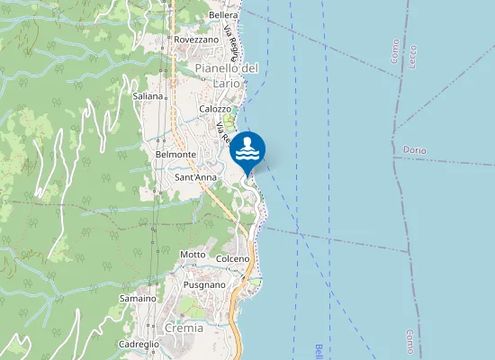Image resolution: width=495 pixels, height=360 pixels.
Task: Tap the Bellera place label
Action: pos(222,15)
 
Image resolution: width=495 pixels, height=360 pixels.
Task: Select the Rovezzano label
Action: pos(197,40)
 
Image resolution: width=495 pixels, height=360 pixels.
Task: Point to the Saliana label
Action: pos(148,95)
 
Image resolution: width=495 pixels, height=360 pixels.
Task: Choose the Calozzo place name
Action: pos(215,109)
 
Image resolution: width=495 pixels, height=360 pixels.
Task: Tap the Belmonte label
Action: pos(175,155)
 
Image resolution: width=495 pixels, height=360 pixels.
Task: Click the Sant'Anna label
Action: pos(194,178)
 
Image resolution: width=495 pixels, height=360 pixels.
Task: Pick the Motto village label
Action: pos(193,255)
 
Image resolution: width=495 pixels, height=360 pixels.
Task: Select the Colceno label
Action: pos(233,259)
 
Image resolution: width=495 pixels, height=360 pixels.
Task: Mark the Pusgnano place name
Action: pos(204,284)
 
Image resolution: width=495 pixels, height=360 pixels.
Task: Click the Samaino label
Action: pos(139,298)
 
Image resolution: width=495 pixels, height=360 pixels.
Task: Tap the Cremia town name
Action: pos(184,328)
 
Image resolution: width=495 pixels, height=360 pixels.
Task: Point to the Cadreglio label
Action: pos(139,345)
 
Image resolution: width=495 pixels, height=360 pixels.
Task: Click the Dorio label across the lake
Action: pos(415,149)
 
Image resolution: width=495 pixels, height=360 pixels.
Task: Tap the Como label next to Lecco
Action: pos(395,50)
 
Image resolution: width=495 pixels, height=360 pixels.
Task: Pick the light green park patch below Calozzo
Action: pos(229,121)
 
